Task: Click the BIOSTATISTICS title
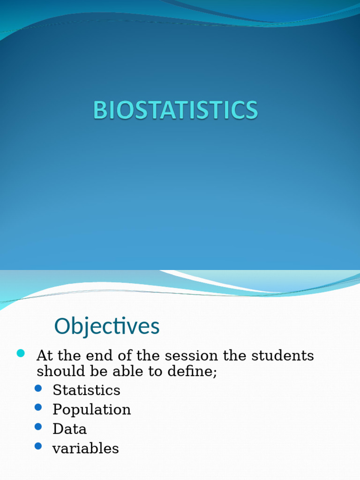pyautogui.click(x=175, y=111)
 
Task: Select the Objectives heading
pyautogui.click(x=107, y=326)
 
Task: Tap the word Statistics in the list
pyautogui.click(x=86, y=390)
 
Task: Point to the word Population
pyautogui.click(x=91, y=410)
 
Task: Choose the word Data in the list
pyautogui.click(x=69, y=429)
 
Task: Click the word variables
pyautogui.click(x=85, y=449)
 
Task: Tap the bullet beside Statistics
pyautogui.click(x=38, y=388)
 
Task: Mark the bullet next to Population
pyautogui.click(x=38, y=407)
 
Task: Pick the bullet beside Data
pyautogui.click(x=38, y=427)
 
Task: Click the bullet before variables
pyautogui.click(x=38, y=446)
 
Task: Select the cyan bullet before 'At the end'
pyautogui.click(x=21, y=353)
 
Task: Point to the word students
pyautogui.click(x=283, y=356)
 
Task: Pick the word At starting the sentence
pyautogui.click(x=45, y=356)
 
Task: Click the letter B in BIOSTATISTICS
pyautogui.click(x=100, y=111)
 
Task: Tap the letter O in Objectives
pyautogui.click(x=63, y=326)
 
